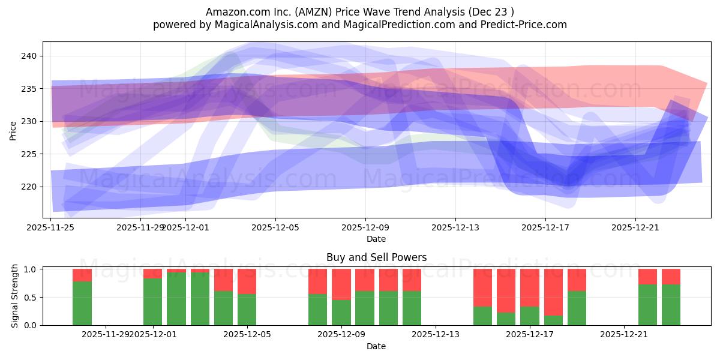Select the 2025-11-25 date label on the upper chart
pos(51,227)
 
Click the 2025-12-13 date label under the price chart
pos(455,227)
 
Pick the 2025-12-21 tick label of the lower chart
pos(625,335)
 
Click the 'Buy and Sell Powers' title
pos(376,257)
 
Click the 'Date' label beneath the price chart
pos(376,239)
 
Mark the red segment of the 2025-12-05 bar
pos(247,281)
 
